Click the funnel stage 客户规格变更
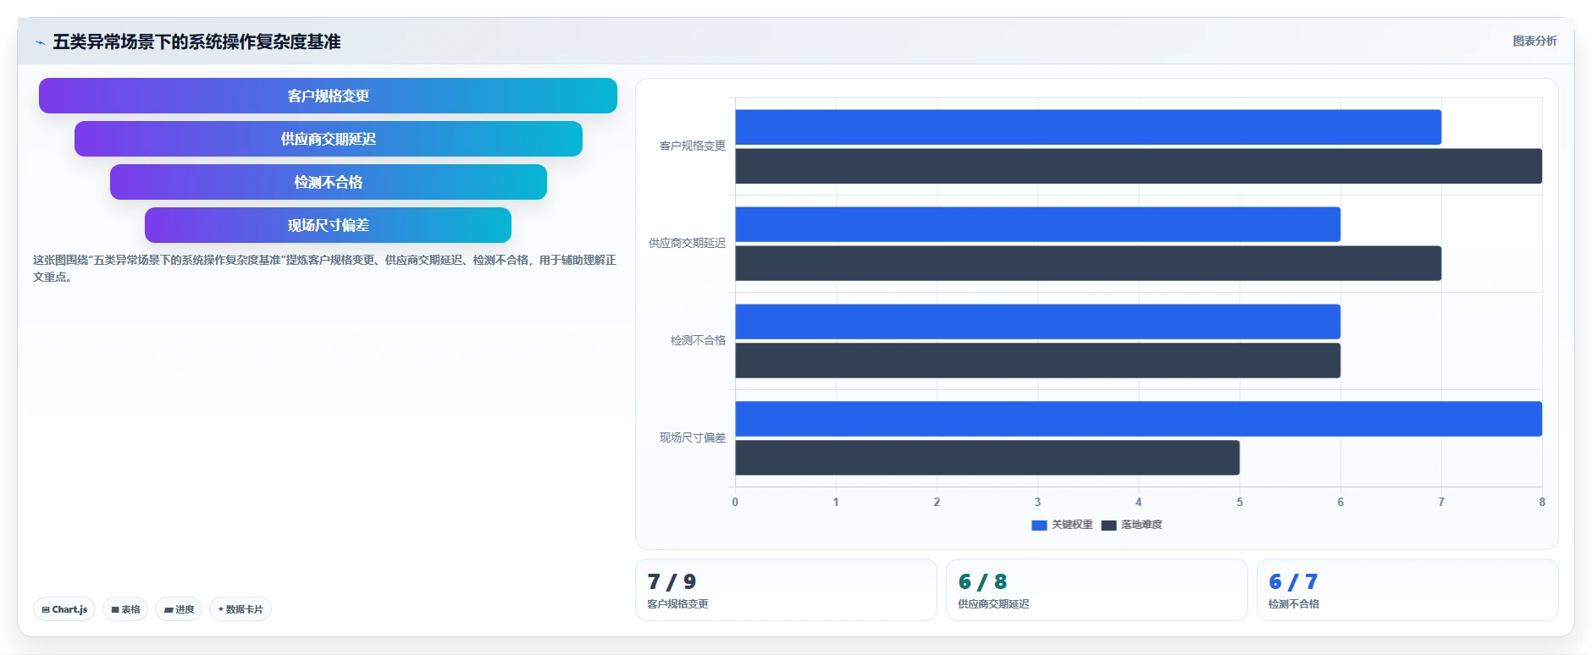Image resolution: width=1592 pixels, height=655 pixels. tap(328, 96)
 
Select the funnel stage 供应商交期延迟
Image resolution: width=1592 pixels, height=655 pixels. tap(328, 139)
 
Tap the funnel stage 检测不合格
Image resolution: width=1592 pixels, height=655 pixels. tap(328, 182)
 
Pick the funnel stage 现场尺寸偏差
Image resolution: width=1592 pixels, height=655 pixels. tap(328, 225)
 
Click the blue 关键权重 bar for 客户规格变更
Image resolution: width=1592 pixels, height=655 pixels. tap(1088, 127)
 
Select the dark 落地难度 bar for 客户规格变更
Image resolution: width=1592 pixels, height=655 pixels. tap(1138, 166)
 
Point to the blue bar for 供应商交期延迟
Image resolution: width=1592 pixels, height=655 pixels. tap(1037, 224)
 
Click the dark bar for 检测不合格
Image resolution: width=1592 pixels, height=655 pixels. tap(1037, 361)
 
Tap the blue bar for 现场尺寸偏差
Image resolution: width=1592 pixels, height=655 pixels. tap(1138, 419)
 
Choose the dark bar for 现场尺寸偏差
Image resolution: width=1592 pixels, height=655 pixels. tap(987, 458)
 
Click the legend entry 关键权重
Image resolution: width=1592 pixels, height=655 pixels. tap(1062, 525)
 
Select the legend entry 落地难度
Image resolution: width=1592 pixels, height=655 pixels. tap(1131, 525)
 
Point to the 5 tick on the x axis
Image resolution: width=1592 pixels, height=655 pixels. tap(1240, 502)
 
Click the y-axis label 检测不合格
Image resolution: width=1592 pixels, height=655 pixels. tap(698, 340)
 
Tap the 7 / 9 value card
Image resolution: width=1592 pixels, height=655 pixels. tap(786, 590)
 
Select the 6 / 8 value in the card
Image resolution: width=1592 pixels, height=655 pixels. tap(982, 581)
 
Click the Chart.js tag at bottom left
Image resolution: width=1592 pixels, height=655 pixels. tap(64, 609)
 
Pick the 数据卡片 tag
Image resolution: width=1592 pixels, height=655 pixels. tap(240, 609)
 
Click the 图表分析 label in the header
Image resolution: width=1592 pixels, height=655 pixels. tap(1534, 41)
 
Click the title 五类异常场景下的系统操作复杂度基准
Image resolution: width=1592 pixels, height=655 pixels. tap(196, 41)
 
